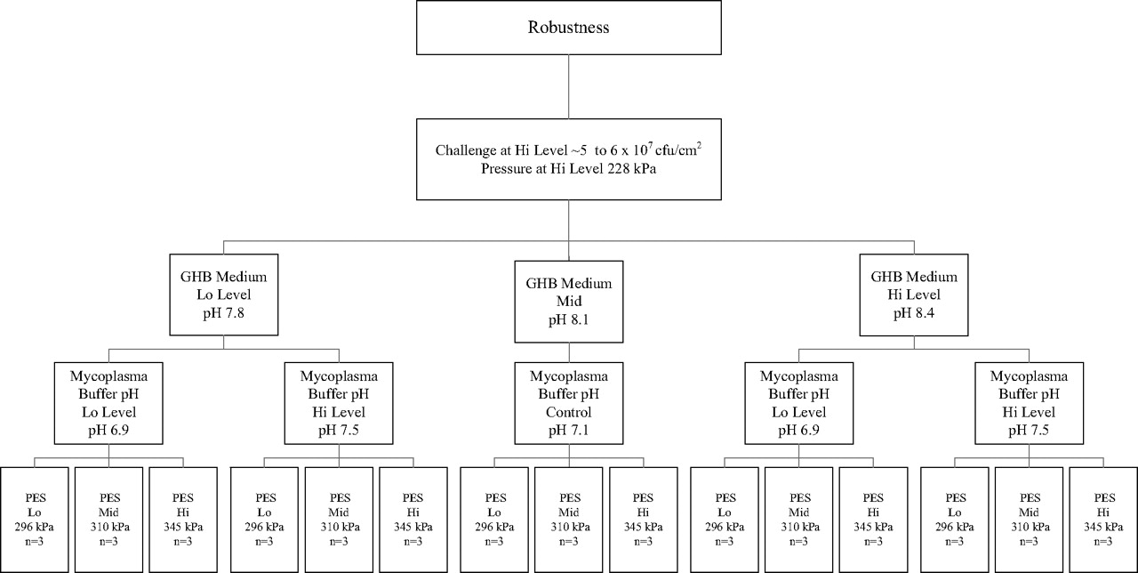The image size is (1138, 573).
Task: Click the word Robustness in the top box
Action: pyautogui.click(x=568, y=27)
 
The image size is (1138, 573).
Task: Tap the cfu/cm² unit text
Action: pyautogui.click(x=678, y=149)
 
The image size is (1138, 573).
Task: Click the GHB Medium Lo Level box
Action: pyautogui.click(x=223, y=295)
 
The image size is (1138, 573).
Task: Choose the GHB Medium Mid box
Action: pyautogui.click(x=568, y=302)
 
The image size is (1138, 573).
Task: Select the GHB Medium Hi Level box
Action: pyautogui.click(x=913, y=295)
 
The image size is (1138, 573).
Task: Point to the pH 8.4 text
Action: pyautogui.click(x=913, y=313)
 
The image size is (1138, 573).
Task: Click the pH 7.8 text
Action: pyautogui.click(x=223, y=313)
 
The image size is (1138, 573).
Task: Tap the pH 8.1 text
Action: pyautogui.click(x=568, y=319)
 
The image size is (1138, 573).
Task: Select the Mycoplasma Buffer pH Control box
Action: pyautogui.click(x=568, y=403)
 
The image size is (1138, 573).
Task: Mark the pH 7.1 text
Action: pyautogui.click(x=568, y=430)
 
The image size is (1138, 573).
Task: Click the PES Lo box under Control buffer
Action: pyautogui.click(x=494, y=520)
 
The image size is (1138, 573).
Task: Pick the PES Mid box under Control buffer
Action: pyautogui.click(x=568, y=520)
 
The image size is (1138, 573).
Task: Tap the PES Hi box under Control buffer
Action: pyautogui.click(x=643, y=520)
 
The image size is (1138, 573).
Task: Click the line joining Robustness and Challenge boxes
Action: pyautogui.click(x=568, y=86)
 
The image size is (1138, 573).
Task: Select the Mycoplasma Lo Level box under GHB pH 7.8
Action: pyautogui.click(x=108, y=403)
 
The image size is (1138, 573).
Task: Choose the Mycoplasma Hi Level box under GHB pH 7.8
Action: pyautogui.click(x=339, y=403)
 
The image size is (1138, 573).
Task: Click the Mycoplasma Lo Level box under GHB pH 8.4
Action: pyautogui.click(x=798, y=403)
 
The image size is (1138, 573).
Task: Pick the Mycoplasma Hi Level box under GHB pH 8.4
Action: pyautogui.click(x=1029, y=403)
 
